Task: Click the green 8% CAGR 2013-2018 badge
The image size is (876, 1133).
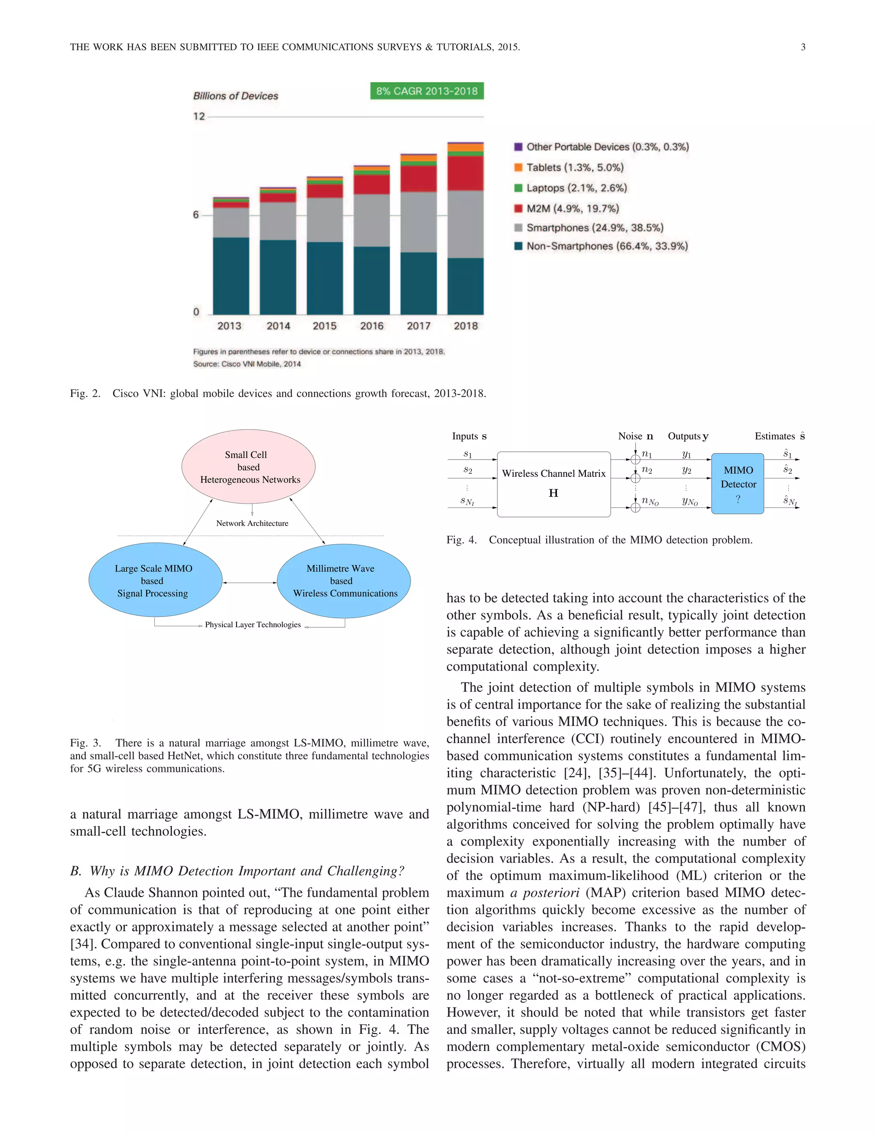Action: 426,91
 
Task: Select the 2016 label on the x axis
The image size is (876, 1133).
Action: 372,326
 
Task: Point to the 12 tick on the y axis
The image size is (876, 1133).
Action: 199,116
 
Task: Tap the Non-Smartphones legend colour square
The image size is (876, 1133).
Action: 518,246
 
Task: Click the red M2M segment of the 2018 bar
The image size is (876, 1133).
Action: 465,173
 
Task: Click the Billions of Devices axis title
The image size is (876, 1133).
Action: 236,96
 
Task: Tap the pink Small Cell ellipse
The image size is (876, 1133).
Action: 248,466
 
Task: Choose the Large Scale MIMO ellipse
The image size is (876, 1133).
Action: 155,580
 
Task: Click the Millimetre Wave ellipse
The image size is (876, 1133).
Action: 343,581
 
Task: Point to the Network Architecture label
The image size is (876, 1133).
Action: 252,523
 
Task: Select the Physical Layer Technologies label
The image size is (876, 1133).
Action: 253,625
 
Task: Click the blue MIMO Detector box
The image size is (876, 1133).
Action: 737,484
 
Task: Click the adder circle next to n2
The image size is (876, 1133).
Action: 635,477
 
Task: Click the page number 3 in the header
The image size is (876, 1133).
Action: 803,47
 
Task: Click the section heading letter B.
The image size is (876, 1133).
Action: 75,871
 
